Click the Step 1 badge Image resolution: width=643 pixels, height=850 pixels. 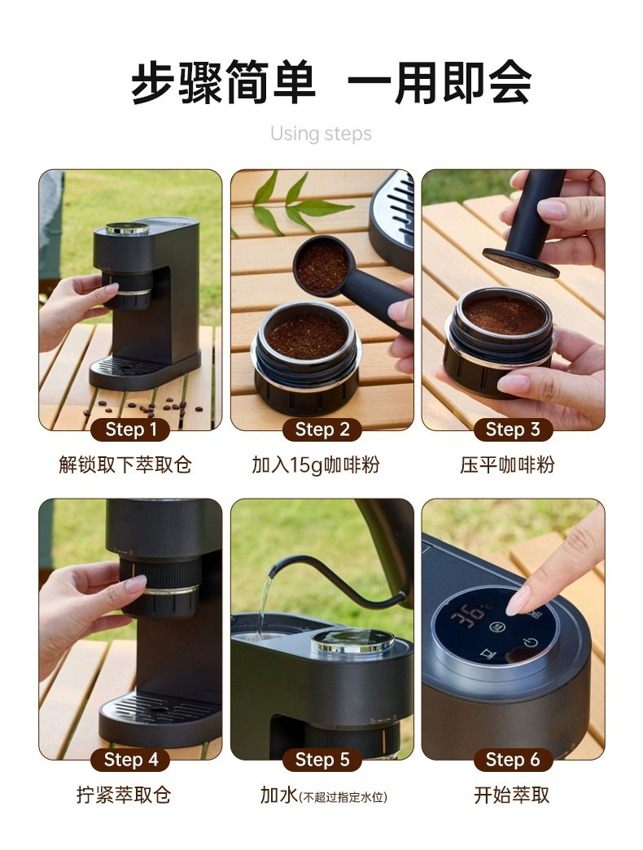[x=130, y=429]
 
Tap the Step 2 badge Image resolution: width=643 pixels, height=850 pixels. [x=321, y=429]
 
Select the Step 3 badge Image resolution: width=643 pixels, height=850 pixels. [x=513, y=429]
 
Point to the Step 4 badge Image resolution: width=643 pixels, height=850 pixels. [x=130, y=760]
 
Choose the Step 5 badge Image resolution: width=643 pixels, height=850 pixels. [x=321, y=760]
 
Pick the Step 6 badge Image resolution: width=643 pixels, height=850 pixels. [x=513, y=760]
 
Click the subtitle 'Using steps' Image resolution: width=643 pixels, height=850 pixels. [x=321, y=134]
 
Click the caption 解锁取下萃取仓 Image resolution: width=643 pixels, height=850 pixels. [x=125, y=464]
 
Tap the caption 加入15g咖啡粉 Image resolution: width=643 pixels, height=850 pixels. [x=316, y=464]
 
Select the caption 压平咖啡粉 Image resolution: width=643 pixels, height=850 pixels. [x=507, y=464]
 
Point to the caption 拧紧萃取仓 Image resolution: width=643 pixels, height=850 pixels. [x=124, y=795]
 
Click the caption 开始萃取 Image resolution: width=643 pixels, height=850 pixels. [x=512, y=795]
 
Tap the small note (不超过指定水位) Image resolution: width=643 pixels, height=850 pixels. [x=343, y=797]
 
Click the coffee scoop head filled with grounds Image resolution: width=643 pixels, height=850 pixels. [x=321, y=265]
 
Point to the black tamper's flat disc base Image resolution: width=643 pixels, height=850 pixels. [x=521, y=263]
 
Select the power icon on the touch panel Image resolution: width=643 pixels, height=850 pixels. [x=530, y=643]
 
